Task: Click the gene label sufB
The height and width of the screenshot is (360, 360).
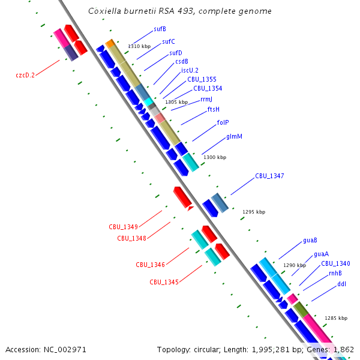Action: coord(160,29)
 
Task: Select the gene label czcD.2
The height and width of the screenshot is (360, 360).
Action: coord(25,75)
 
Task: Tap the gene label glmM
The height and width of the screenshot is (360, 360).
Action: coord(234,137)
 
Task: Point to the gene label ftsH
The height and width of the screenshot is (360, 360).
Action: coord(214,109)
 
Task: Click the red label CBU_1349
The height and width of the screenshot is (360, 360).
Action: coord(124,227)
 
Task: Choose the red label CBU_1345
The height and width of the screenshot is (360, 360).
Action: coord(164,282)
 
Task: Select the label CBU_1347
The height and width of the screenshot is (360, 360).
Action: coord(269,176)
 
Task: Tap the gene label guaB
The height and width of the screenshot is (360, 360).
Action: coord(310,241)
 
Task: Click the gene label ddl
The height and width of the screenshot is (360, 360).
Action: coord(341,284)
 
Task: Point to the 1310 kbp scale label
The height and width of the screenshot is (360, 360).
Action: coord(139,46)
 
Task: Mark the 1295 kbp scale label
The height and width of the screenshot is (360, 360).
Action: coord(254,212)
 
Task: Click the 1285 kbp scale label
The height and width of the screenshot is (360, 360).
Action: coord(336,318)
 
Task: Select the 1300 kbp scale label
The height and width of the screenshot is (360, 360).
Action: coord(215,157)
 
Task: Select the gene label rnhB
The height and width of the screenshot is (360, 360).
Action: coord(335,274)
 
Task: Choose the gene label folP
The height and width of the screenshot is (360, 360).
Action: coord(223,122)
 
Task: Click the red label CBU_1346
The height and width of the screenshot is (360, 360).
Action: coord(150,265)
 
